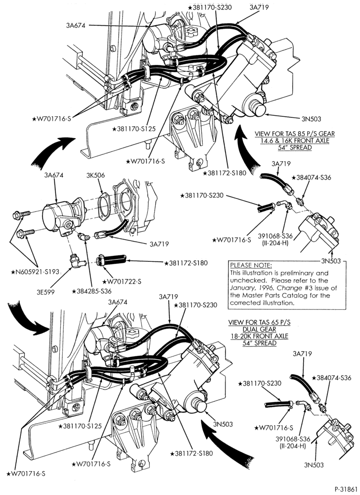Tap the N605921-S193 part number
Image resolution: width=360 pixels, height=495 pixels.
point(35,271)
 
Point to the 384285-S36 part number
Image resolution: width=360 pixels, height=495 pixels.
point(91,291)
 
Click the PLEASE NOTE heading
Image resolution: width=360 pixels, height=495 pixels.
point(251,265)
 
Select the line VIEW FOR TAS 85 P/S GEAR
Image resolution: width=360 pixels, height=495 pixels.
point(295,134)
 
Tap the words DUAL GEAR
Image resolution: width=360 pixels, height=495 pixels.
point(260,329)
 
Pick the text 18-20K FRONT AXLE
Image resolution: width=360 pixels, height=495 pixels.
point(260,336)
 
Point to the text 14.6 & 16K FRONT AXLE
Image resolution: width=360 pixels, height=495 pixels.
point(295,141)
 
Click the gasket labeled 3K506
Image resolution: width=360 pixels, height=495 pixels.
point(104,206)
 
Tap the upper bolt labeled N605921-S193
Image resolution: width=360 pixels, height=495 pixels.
point(21,215)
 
